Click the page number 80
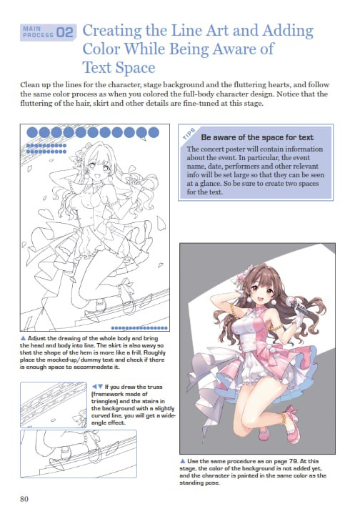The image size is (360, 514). (x=26, y=498)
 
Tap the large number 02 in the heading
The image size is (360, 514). (x=65, y=31)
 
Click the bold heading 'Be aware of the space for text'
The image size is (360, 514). (x=247, y=137)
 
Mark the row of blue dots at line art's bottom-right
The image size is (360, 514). (x=146, y=327)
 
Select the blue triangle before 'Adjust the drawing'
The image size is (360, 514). (x=25, y=335)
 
